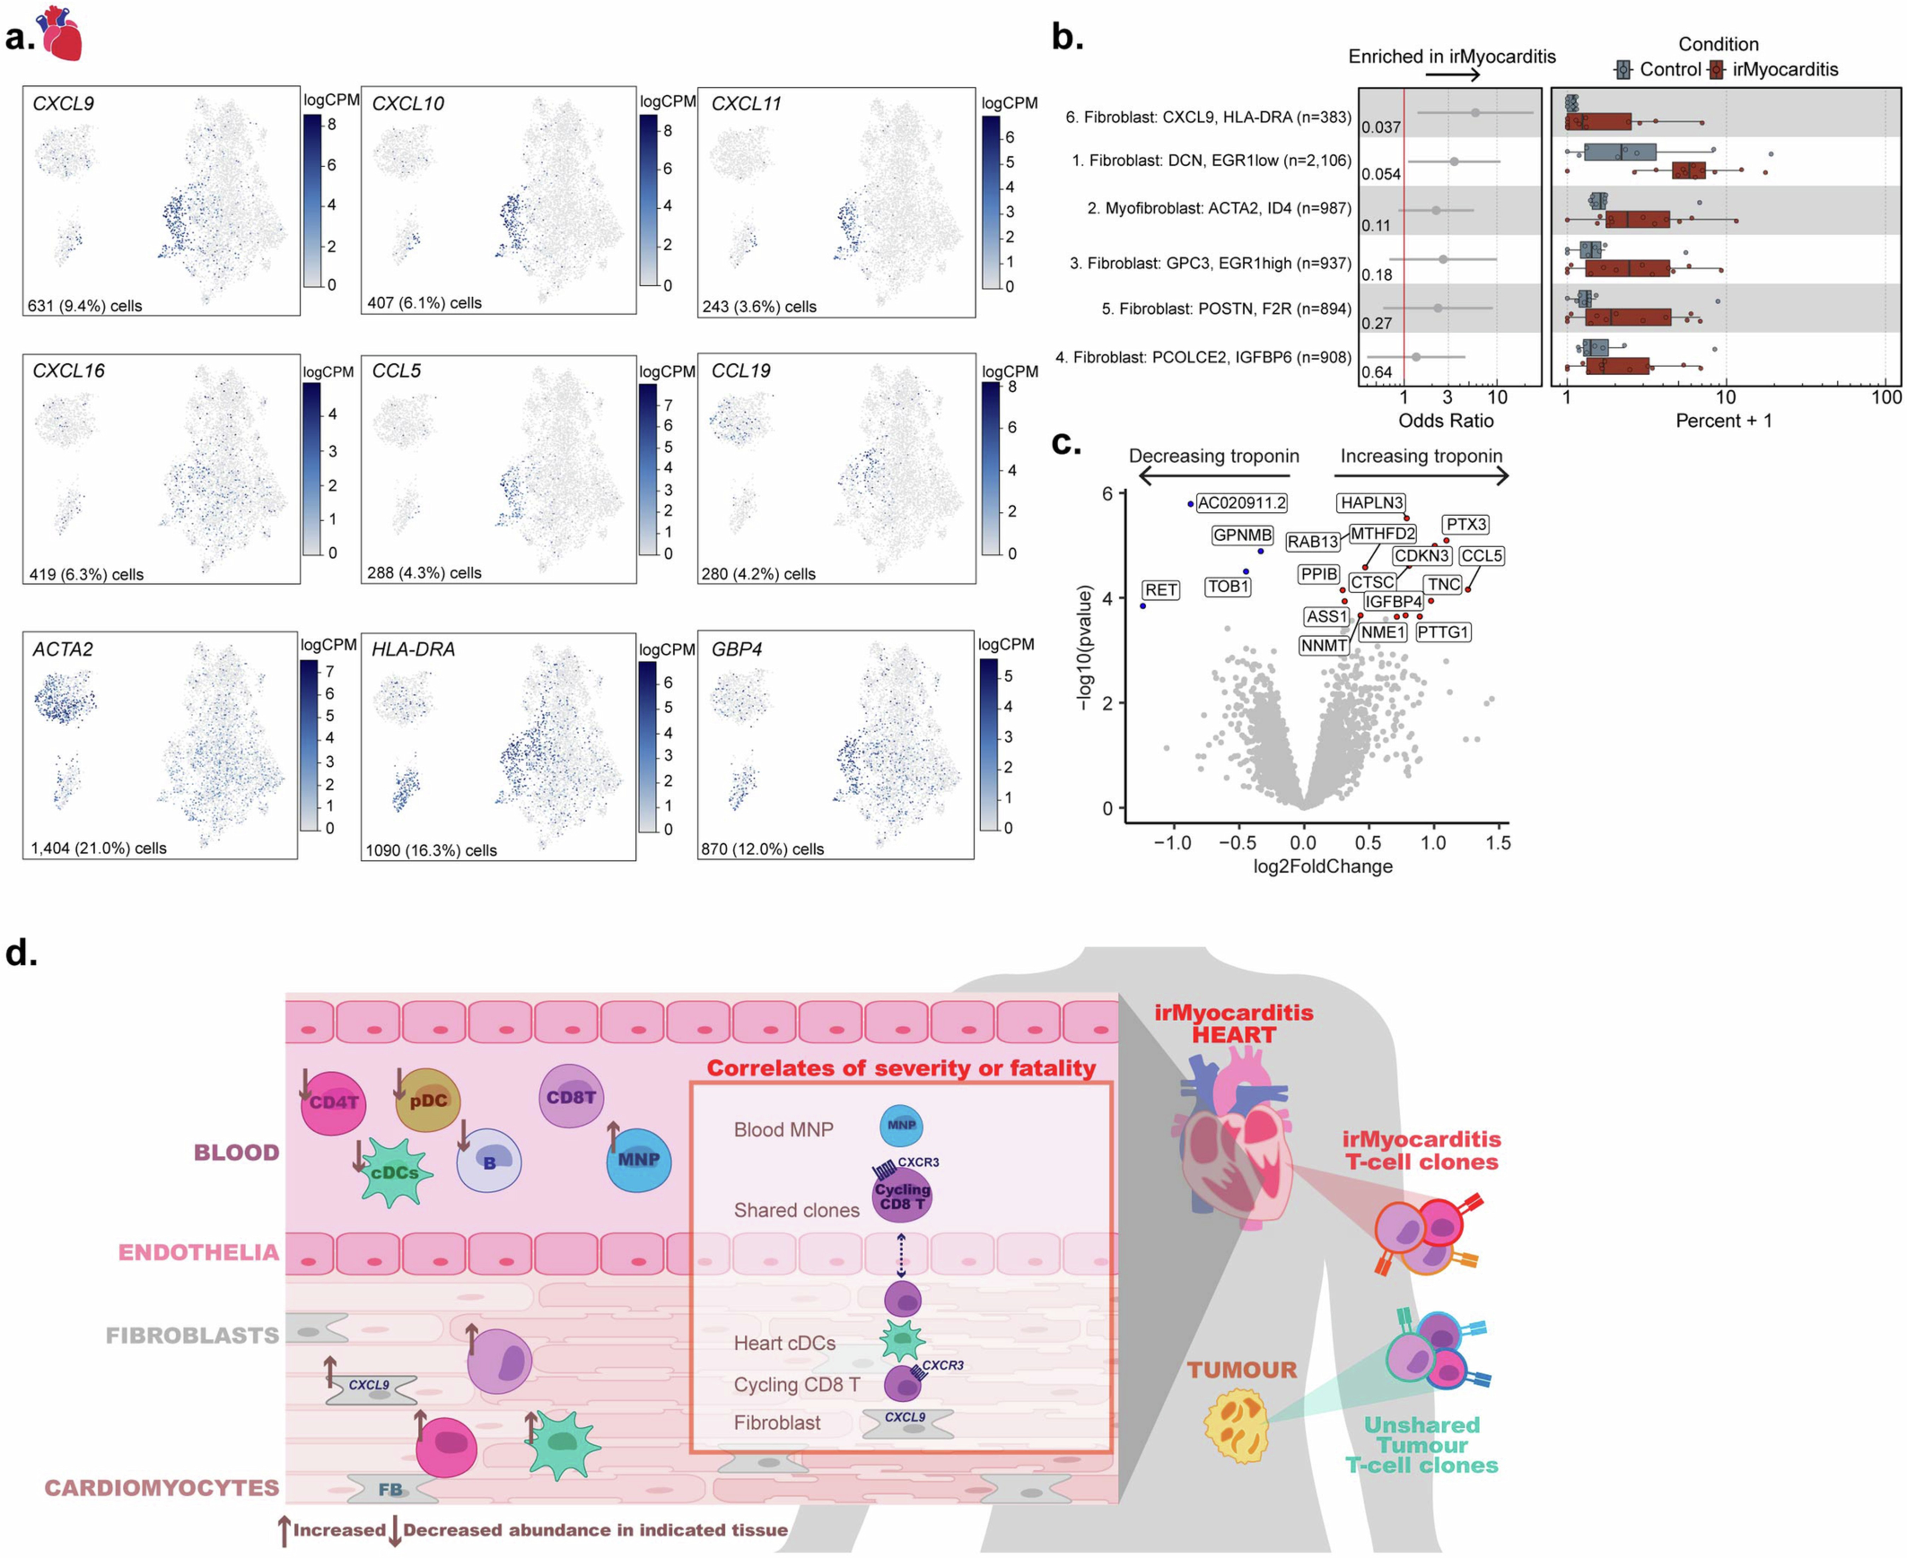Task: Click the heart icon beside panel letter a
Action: [x=61, y=34]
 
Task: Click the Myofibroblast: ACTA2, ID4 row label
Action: [x=1218, y=208]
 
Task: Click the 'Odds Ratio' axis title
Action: [x=1446, y=421]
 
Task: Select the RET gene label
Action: [x=1160, y=590]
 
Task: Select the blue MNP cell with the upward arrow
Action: [x=638, y=1160]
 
